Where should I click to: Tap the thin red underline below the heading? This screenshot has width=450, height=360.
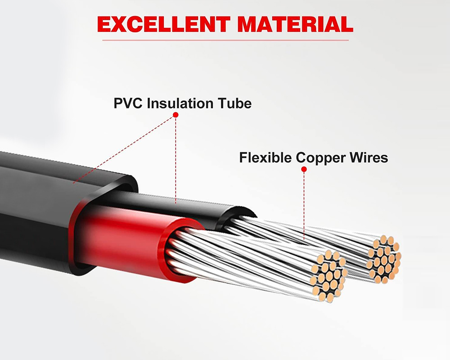[x=225, y=40]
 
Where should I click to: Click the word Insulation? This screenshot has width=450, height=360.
[x=184, y=103]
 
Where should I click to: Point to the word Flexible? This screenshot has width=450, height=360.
[x=265, y=158]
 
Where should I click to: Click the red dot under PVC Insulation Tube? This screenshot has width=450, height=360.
[x=175, y=115]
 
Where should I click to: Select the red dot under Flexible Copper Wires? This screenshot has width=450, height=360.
[x=304, y=170]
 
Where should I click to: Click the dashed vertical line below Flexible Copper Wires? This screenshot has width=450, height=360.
[x=304, y=198]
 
